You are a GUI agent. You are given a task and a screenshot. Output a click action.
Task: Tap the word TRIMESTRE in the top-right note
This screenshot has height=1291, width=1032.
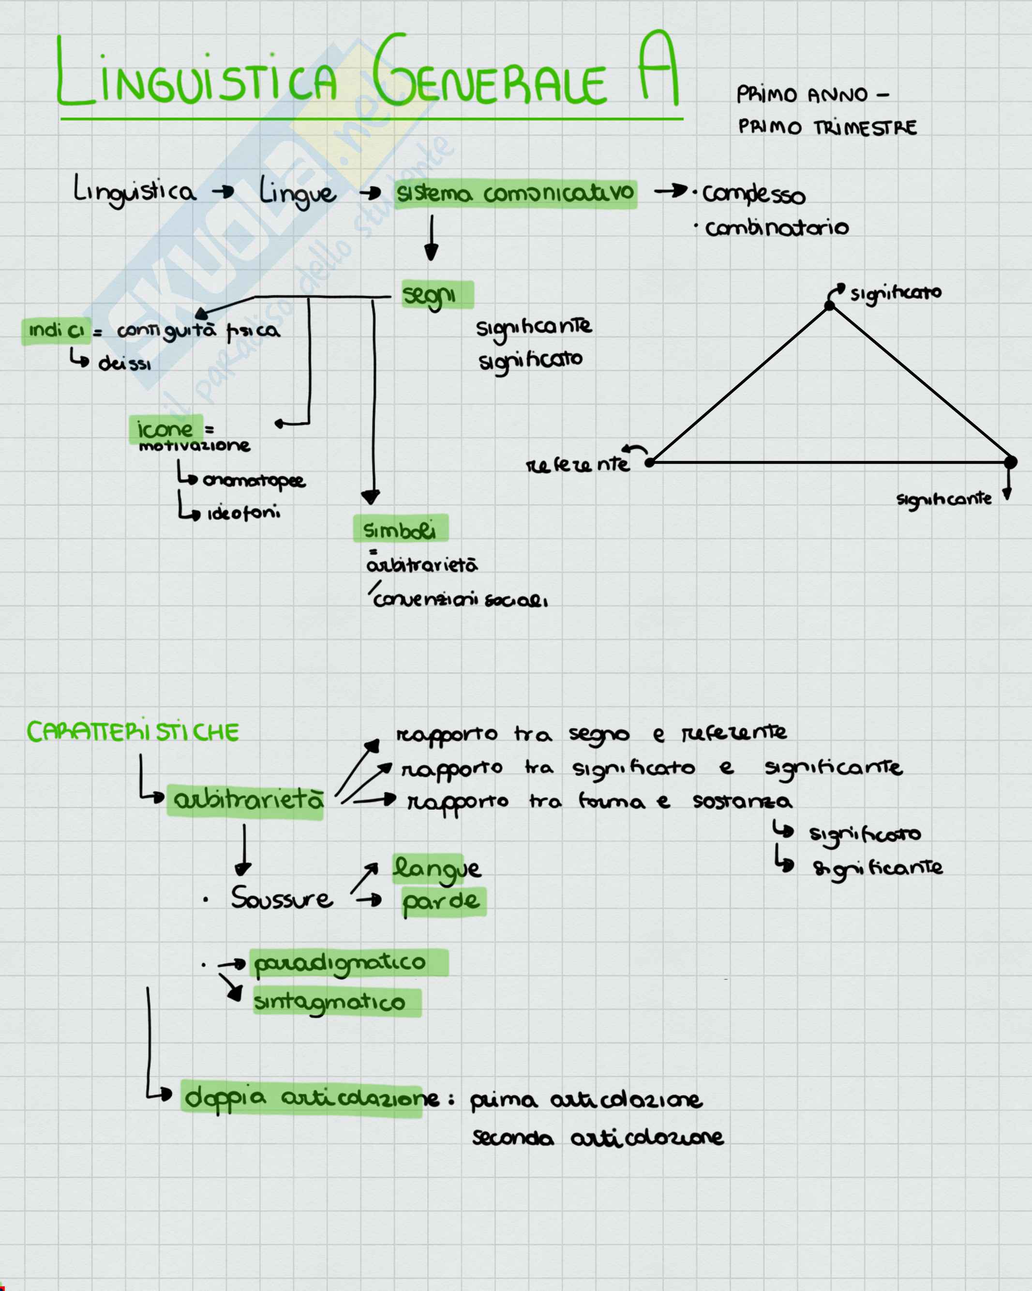865,127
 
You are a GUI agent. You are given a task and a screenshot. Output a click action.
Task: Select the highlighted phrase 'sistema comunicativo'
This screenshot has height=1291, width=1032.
515,194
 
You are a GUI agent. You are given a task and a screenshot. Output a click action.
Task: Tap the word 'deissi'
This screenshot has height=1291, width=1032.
124,364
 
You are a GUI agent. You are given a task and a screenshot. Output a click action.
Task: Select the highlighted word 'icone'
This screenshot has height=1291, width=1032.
165,429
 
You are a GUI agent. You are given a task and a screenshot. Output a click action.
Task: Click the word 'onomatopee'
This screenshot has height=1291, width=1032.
254,480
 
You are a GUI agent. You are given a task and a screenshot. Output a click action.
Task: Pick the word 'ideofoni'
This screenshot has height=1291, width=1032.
243,513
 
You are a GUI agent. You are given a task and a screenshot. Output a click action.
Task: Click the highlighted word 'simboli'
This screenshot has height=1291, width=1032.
400,530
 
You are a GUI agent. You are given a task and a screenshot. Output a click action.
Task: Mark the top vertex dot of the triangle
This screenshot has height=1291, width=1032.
829,306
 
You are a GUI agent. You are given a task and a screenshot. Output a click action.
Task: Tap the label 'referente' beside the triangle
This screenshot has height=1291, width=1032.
578,465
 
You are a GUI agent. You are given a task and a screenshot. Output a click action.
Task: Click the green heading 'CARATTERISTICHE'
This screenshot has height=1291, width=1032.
133,732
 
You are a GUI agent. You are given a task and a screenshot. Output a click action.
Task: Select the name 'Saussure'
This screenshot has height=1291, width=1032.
282,898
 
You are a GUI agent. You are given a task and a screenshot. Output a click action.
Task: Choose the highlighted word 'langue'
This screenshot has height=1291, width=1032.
436,869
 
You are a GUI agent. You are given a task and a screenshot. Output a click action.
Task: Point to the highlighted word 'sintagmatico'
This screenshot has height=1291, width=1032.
330,1002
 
